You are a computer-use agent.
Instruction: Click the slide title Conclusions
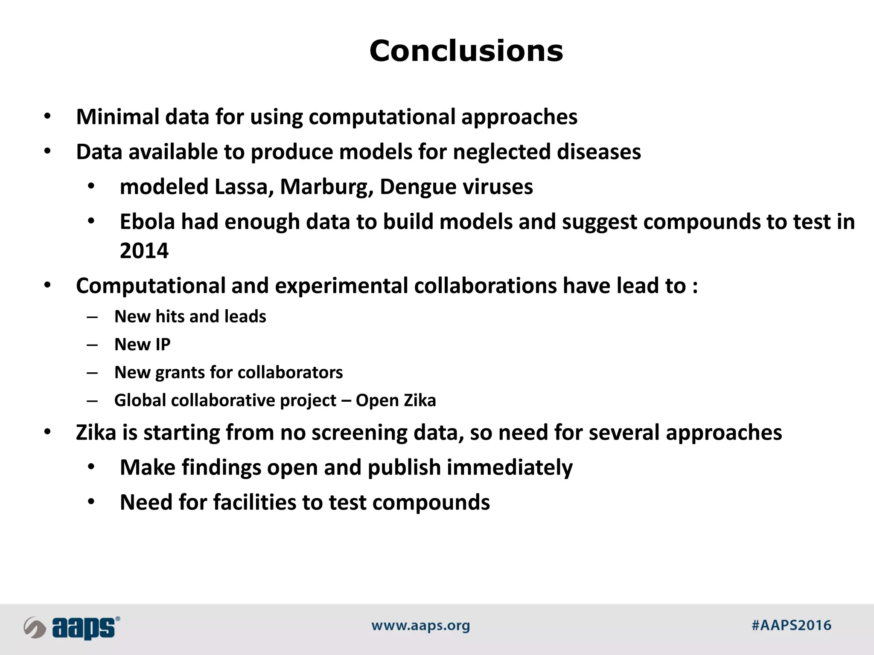pyautogui.click(x=466, y=51)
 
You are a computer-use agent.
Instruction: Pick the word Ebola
pyautogui.click(x=148, y=222)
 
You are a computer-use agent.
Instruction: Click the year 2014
pyautogui.click(x=144, y=251)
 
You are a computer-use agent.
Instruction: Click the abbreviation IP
pyautogui.click(x=163, y=345)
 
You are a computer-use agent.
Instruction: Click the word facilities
pyautogui.click(x=254, y=502)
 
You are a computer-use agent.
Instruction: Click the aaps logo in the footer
pyautogui.click(x=72, y=628)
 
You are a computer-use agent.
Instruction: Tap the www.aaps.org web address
pyautogui.click(x=420, y=626)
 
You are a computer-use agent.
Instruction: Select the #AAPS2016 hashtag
pyautogui.click(x=791, y=626)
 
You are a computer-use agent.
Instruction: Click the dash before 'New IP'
pyautogui.click(x=92, y=345)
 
